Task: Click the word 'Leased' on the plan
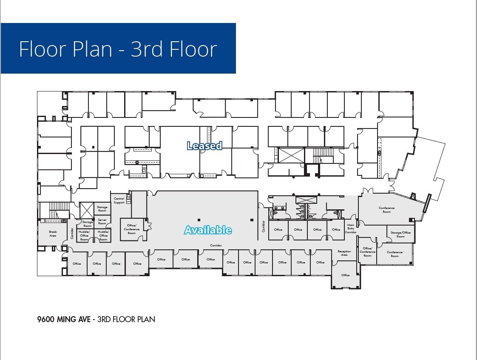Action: point(204,146)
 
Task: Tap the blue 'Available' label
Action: point(208,230)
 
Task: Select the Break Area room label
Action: point(53,234)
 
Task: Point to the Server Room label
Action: point(102,221)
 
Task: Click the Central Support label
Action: point(119,200)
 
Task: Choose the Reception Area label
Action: point(344,253)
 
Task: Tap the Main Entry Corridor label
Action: point(351,229)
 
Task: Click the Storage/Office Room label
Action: point(400,234)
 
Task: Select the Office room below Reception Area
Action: point(346,275)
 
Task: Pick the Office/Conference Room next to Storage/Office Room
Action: point(367,252)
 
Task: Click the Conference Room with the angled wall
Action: point(386,210)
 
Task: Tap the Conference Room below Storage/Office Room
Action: point(395,254)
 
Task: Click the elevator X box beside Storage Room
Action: point(86,211)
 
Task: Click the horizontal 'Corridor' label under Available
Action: point(216,246)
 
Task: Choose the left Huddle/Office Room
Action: point(84,235)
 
